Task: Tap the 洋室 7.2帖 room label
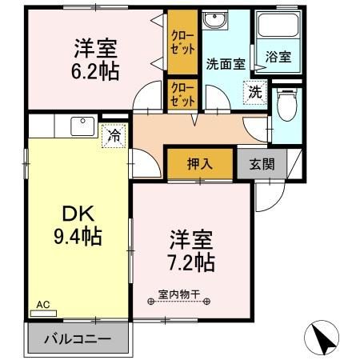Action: tap(190, 250)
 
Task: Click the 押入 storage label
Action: tap(200, 164)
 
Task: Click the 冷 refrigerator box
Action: tap(115, 136)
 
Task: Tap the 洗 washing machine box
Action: tap(254, 92)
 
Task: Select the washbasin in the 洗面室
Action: tap(214, 22)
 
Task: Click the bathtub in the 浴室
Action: tap(278, 28)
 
